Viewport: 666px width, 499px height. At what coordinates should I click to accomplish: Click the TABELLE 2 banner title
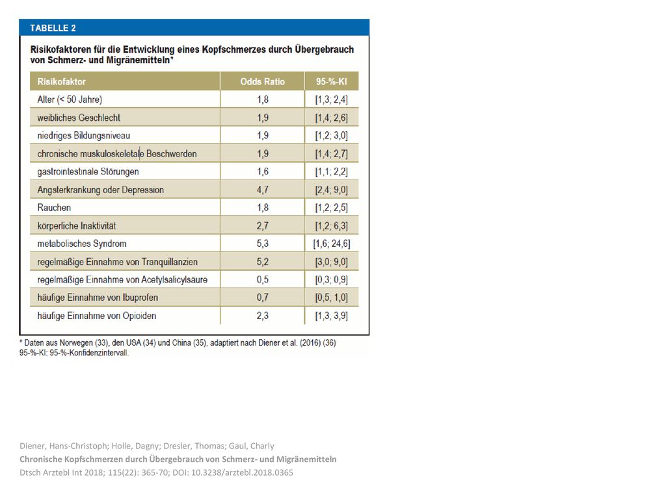coord(53,28)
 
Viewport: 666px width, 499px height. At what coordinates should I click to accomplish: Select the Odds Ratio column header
coord(263,81)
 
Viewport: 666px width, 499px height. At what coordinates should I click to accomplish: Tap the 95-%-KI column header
coord(331,81)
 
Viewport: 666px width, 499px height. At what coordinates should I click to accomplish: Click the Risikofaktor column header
coord(62,81)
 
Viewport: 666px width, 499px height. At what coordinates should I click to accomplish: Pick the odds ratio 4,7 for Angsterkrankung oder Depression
coord(263,190)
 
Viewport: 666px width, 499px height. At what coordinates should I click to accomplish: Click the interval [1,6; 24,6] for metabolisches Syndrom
coord(332,244)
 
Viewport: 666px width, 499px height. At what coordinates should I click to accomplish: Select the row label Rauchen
coord(54,207)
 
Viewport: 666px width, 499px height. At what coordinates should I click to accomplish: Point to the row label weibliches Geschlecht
coord(79,118)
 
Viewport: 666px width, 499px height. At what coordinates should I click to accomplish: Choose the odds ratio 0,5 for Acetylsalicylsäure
coord(263,279)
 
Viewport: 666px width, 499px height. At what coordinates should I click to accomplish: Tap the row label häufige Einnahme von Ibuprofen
coord(98,298)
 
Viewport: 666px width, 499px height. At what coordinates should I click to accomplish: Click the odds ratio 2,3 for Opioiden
coord(263,316)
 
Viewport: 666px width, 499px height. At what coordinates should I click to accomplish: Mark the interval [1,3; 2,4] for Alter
coord(331,99)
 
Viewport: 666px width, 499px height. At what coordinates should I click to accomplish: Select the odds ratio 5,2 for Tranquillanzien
coord(263,262)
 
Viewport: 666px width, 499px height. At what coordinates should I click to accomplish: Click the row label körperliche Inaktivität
coord(77,225)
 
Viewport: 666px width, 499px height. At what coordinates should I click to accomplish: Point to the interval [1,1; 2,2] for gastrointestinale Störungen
coord(331,172)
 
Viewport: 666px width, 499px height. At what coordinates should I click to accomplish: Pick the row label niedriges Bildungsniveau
coord(84,136)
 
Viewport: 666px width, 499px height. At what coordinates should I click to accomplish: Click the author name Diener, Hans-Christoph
coord(64,446)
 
